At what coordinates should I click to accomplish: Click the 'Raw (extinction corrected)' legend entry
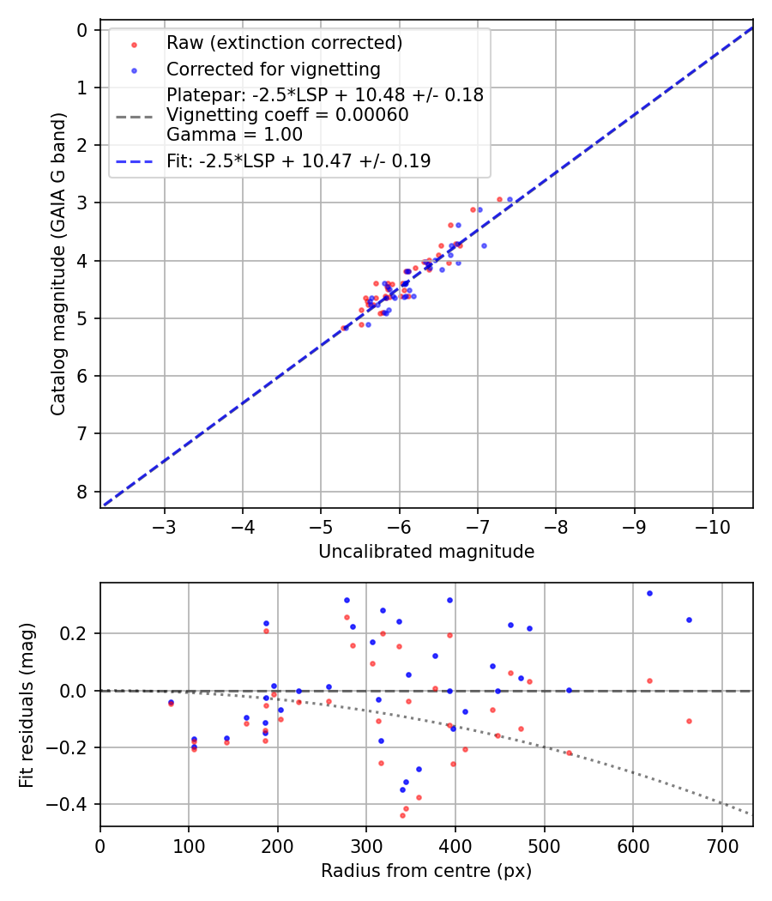pyautogui.click(x=284, y=43)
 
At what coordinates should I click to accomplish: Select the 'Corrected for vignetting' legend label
pyautogui.click(x=273, y=69)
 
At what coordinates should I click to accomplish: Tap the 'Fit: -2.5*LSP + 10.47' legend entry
pyautogui.click(x=298, y=160)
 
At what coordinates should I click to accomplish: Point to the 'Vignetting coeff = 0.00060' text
pyautogui.click(x=287, y=114)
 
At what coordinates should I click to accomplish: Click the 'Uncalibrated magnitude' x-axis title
pyautogui.click(x=426, y=552)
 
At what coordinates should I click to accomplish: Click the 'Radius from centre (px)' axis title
pyautogui.click(x=426, y=871)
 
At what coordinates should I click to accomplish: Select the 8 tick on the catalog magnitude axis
pyautogui.click(x=82, y=492)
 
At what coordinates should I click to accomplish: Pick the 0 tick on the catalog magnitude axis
pyautogui.click(x=82, y=30)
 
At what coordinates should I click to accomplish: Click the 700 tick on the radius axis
pyautogui.click(x=721, y=846)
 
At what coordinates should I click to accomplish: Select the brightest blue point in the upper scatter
pyautogui.click(x=510, y=199)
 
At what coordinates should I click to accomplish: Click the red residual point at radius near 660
pyautogui.click(x=689, y=721)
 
